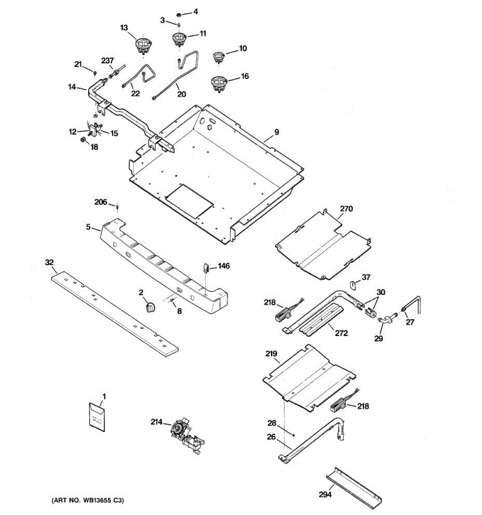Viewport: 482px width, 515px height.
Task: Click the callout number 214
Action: pos(156,422)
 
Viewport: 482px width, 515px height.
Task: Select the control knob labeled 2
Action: pos(150,307)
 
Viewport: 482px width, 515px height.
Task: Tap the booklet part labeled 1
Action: pos(97,415)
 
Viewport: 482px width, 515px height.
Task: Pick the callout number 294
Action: pos(325,494)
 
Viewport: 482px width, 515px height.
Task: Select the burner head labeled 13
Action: pos(143,45)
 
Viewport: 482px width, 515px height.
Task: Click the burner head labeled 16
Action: pos(219,83)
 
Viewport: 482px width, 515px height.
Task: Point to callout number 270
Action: pos(346,209)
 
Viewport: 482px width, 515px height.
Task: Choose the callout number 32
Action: pos(50,262)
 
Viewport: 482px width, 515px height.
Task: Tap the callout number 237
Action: pos(107,61)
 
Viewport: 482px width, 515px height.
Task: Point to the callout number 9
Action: pos(276,132)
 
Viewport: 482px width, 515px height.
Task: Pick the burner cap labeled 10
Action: pos(219,57)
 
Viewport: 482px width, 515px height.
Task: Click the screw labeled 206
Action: pos(117,208)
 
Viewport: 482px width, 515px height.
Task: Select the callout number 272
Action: pos(341,333)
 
